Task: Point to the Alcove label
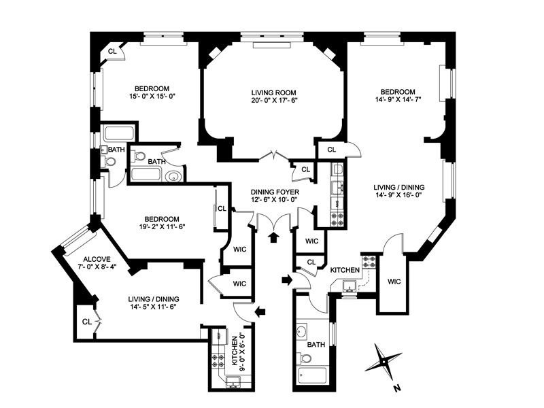click(97, 259)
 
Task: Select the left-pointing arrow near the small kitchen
click(260, 311)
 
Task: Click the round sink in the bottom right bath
click(303, 333)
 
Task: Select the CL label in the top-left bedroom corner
click(112, 51)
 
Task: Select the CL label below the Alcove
click(86, 321)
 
